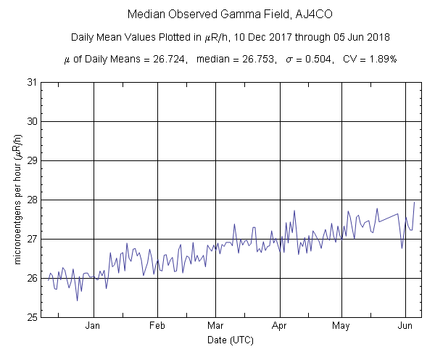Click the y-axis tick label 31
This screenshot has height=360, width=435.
click(31, 82)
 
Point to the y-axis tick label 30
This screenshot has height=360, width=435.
click(31, 121)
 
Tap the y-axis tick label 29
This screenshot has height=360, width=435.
click(31, 160)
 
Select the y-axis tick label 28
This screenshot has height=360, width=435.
click(31, 200)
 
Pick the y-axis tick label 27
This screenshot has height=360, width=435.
click(31, 239)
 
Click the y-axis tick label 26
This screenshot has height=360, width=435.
click(31, 278)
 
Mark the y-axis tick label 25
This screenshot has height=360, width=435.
click(31, 317)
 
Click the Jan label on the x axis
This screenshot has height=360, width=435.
click(93, 326)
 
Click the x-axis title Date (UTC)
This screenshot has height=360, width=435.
click(228, 340)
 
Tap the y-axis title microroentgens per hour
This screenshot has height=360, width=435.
click(17, 200)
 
